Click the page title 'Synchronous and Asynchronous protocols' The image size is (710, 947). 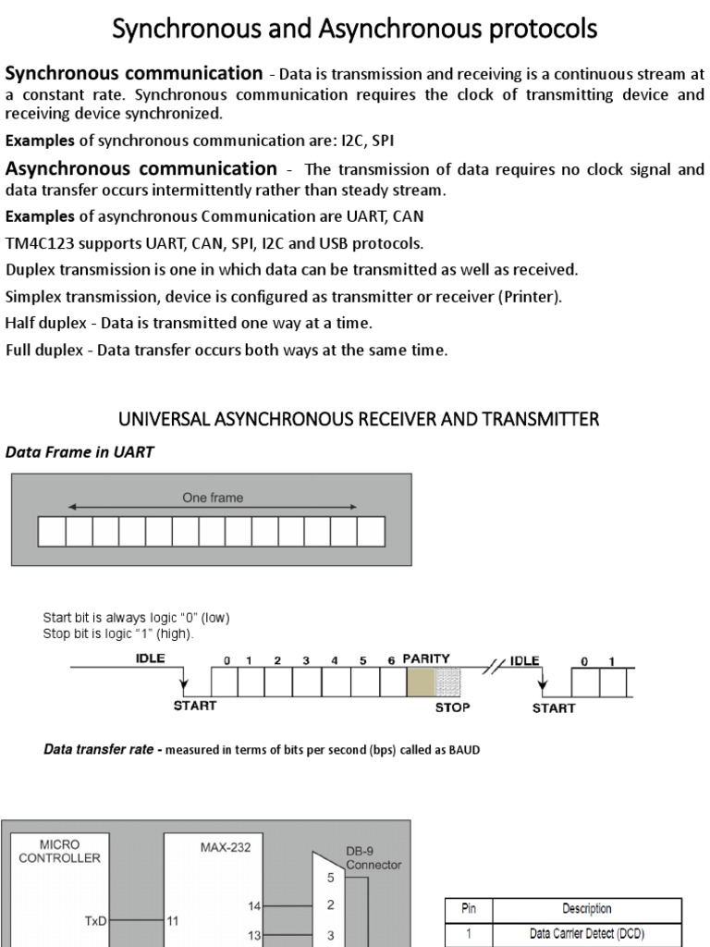pyautogui.click(x=354, y=30)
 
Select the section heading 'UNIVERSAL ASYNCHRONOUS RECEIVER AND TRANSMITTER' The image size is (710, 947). pyautogui.click(x=359, y=420)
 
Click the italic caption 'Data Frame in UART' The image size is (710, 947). pyautogui.click(x=80, y=452)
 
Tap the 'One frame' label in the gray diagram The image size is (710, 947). pyautogui.click(x=213, y=498)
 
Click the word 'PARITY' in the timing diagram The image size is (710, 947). pyautogui.click(x=426, y=659)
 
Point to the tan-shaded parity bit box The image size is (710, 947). pyautogui.click(x=420, y=682)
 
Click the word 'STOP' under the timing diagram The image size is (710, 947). pyautogui.click(x=452, y=707)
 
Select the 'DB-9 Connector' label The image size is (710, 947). pyautogui.click(x=373, y=858)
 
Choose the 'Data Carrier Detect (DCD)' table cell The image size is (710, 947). pyautogui.click(x=586, y=934)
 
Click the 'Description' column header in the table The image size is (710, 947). pyautogui.click(x=586, y=909)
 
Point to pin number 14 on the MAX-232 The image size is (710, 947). pyautogui.click(x=254, y=906)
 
